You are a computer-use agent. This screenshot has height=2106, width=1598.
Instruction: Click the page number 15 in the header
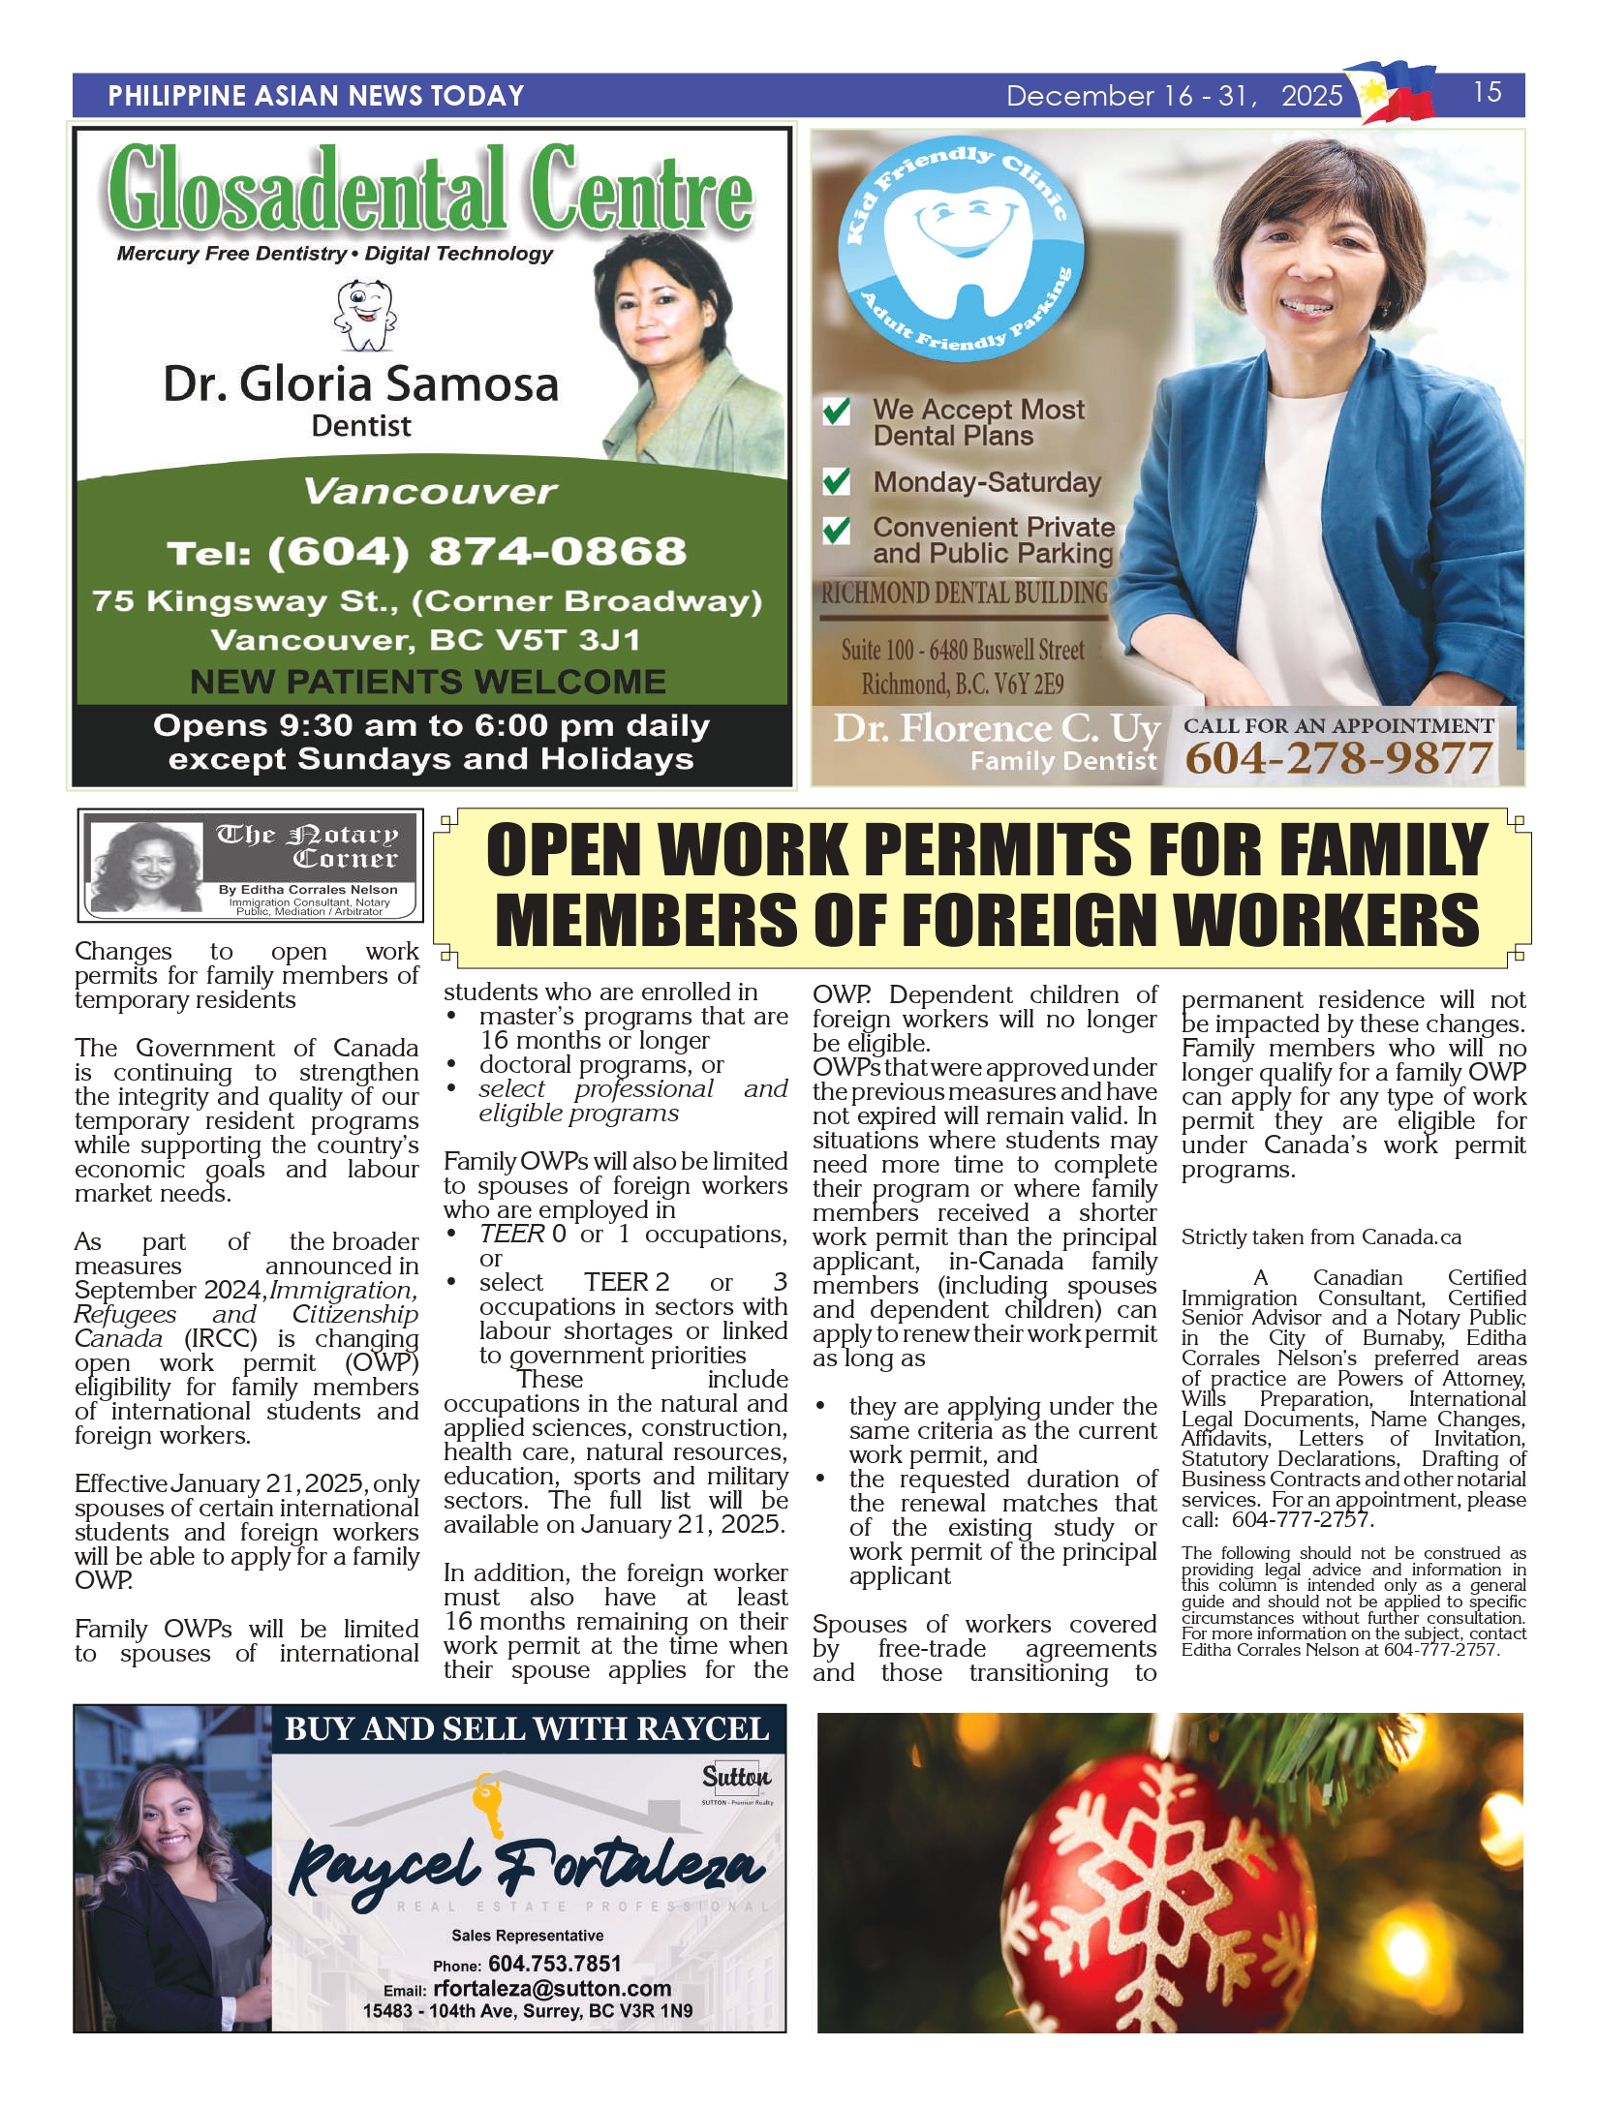[1487, 93]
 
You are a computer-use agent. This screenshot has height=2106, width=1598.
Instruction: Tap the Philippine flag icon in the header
[1395, 92]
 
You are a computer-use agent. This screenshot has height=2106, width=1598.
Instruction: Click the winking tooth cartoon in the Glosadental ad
[364, 316]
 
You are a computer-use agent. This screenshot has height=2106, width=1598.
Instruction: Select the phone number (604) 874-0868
[427, 552]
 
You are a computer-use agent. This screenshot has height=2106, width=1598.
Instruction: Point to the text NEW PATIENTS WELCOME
[427, 682]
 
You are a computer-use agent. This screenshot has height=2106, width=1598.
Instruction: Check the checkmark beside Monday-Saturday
[836, 481]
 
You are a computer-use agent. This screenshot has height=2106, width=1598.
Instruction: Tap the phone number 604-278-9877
[1337, 758]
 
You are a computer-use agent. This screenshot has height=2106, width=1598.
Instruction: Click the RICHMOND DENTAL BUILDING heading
[965, 594]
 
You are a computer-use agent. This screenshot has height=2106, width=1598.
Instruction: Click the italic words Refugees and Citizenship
[246, 1314]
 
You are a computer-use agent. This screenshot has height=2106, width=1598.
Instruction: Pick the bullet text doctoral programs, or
[600, 1065]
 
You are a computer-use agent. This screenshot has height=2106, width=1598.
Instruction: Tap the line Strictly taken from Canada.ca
[1320, 1237]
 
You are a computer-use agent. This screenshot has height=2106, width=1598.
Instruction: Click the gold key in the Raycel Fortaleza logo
[488, 1804]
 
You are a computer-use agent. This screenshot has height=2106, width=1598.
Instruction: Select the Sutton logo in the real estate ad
[736, 1777]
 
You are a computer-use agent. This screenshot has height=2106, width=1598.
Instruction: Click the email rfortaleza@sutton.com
[552, 1988]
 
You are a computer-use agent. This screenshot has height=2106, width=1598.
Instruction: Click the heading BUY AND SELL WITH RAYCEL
[527, 1728]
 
